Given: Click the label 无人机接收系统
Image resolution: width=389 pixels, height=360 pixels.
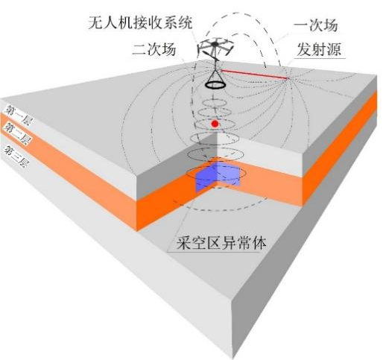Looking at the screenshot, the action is pos(140,23).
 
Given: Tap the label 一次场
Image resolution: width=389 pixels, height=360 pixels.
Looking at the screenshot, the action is pos(316,25).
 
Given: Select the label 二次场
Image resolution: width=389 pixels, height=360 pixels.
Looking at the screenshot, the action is pos(154,49).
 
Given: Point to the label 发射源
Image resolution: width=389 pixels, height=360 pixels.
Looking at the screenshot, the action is pos(319,49).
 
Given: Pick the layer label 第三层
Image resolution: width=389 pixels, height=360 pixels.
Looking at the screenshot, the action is pos(15,155).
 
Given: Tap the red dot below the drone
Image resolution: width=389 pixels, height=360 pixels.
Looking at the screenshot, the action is pos(215,124).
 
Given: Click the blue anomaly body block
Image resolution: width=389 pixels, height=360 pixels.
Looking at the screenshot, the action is pos(218,176).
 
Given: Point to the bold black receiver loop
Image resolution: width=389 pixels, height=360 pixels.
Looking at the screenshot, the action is pos(215,85).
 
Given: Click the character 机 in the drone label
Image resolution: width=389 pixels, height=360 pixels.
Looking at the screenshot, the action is pos(125,23).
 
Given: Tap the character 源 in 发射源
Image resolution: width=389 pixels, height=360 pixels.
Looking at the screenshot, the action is pos(334,49).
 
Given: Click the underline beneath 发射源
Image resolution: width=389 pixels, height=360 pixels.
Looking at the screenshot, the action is pos(320,59).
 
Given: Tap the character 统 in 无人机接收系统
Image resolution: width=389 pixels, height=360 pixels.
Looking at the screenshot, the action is pos(185,23).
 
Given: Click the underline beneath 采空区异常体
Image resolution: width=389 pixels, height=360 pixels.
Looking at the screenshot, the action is pos(214,253).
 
